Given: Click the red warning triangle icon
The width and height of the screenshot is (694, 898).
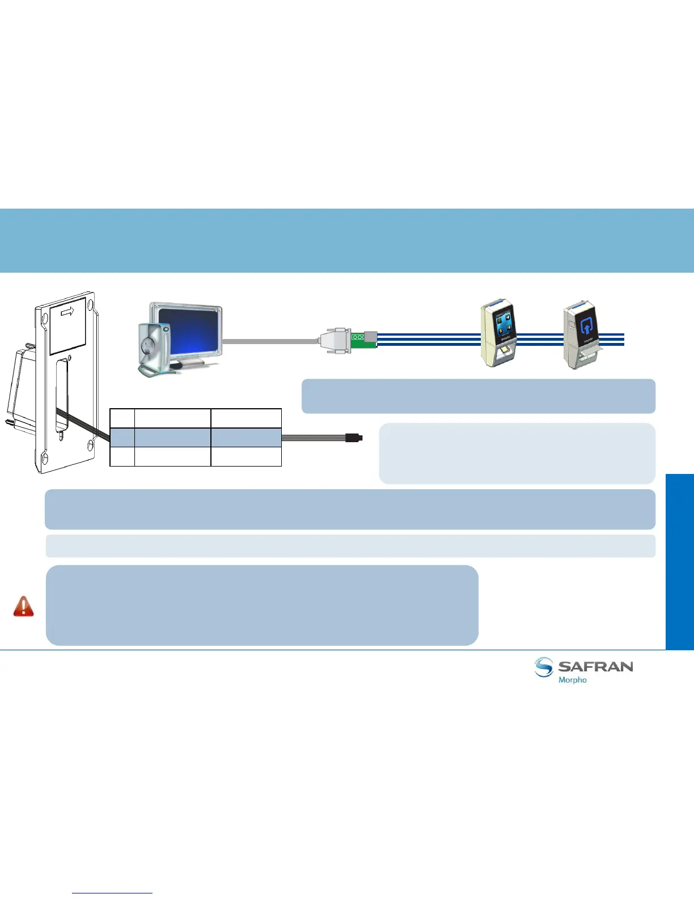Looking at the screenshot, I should click(x=23, y=606).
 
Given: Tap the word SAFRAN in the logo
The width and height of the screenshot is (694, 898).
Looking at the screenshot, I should click(x=595, y=666).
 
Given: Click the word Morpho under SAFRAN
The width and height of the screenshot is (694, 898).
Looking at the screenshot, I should click(x=572, y=680).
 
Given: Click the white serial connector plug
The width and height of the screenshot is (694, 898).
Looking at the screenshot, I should click(x=334, y=340).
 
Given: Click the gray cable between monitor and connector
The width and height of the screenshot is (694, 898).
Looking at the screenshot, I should click(x=269, y=341).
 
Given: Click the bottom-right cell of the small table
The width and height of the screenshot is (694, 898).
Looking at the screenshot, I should click(x=246, y=456).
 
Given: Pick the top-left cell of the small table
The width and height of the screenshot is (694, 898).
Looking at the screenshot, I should click(x=122, y=418).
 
